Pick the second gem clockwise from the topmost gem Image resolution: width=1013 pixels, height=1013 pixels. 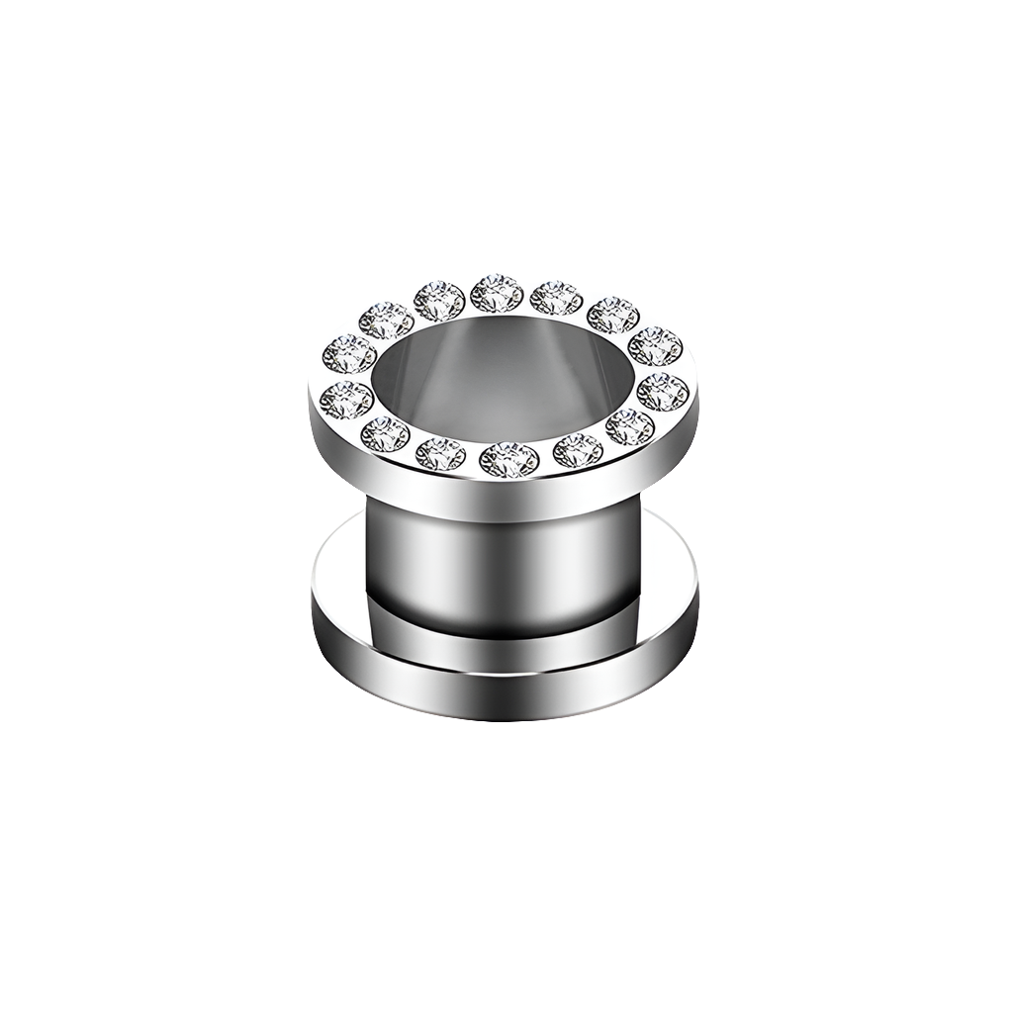coord(613,315)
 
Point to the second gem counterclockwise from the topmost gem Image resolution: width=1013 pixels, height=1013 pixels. coord(385,319)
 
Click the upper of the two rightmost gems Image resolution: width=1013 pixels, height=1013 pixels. coord(654,346)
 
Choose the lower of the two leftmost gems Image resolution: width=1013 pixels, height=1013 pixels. coord(346,398)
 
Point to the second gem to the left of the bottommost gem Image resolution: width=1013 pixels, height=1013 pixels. coord(385,432)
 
